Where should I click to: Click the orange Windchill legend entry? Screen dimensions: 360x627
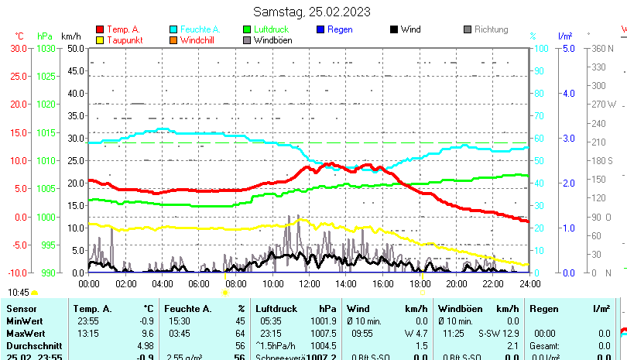(x=200, y=39)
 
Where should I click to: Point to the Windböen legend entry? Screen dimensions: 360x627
(x=272, y=39)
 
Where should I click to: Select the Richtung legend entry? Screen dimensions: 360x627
(x=491, y=29)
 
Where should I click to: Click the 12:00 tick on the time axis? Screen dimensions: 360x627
(x=309, y=283)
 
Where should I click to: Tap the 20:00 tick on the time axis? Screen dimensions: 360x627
(x=457, y=283)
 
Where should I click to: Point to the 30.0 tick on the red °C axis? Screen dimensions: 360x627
(x=18, y=48)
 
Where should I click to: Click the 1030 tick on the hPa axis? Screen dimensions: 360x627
(x=46, y=48)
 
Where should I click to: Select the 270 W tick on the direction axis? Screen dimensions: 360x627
(x=603, y=104)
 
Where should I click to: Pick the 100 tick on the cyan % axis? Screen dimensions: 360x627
(x=543, y=48)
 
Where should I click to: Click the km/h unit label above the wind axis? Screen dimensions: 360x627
(x=70, y=36)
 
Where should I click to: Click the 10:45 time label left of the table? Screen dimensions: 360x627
(x=19, y=292)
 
